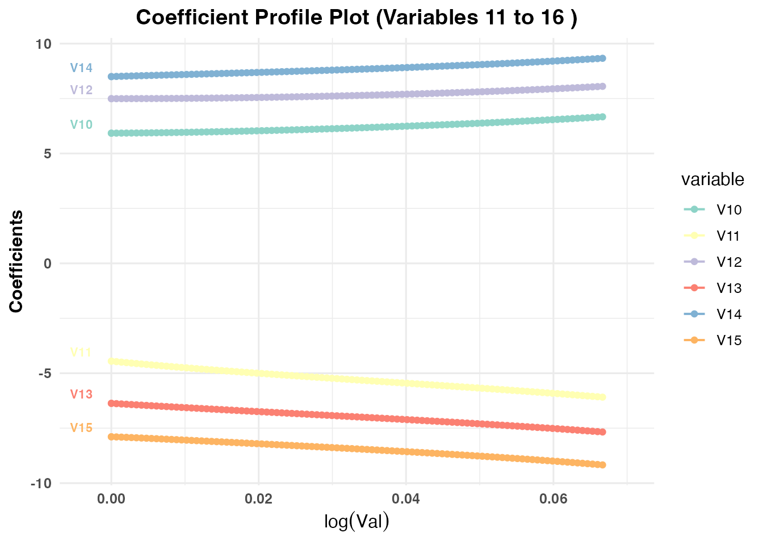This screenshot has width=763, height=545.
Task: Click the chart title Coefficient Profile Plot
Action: (x=357, y=18)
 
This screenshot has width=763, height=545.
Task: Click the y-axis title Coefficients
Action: (x=16, y=261)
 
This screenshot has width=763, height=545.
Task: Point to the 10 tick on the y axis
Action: (x=44, y=44)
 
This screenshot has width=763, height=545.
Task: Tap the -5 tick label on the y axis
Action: (x=44, y=374)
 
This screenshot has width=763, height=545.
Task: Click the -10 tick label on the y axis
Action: (x=41, y=484)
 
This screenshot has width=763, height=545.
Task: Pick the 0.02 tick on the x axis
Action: (x=258, y=499)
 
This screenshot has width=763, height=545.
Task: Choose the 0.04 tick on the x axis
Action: (x=405, y=499)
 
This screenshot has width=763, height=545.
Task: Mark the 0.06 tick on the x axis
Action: (x=553, y=499)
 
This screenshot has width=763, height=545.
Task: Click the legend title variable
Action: (x=712, y=179)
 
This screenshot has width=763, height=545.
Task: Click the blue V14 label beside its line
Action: (x=81, y=68)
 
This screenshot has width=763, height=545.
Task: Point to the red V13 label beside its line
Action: (x=81, y=395)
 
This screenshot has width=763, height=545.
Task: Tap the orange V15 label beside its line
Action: (x=81, y=428)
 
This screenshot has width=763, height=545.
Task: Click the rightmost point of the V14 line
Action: (x=602, y=58)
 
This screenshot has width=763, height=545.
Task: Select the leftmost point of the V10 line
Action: (x=111, y=133)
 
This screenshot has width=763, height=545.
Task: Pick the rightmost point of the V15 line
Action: (x=602, y=465)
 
